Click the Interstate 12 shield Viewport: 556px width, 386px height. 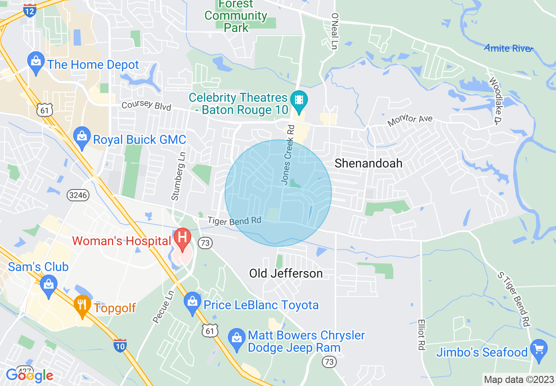(x=30, y=10)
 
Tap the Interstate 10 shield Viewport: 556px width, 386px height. (x=120, y=345)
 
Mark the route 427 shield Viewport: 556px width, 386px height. (x=25, y=371)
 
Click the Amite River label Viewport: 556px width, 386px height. (x=508, y=48)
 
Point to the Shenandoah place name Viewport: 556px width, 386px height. (x=368, y=164)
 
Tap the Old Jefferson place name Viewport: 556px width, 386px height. (x=286, y=274)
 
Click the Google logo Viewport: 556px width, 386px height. (x=29, y=375)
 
